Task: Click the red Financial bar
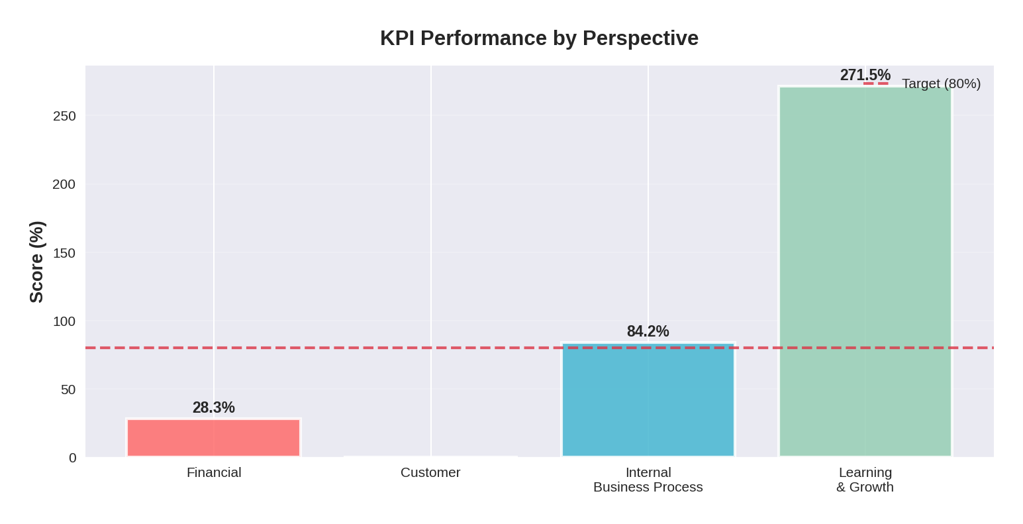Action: (213, 438)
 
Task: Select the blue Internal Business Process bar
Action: (648, 400)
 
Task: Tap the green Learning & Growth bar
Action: (865, 272)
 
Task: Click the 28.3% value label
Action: (213, 408)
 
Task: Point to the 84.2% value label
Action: (648, 331)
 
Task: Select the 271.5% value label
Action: (865, 76)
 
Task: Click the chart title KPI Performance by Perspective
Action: (538, 38)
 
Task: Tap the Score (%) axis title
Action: (36, 262)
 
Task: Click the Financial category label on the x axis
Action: (213, 472)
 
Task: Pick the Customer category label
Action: (430, 472)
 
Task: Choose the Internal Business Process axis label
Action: (648, 480)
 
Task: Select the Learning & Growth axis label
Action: (865, 480)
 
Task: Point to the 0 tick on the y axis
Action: (72, 458)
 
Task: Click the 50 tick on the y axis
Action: (68, 390)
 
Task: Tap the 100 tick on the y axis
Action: (64, 321)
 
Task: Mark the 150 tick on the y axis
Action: (64, 253)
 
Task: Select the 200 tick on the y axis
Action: (64, 184)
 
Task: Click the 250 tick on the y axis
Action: (64, 116)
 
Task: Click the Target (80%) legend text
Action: (940, 83)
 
